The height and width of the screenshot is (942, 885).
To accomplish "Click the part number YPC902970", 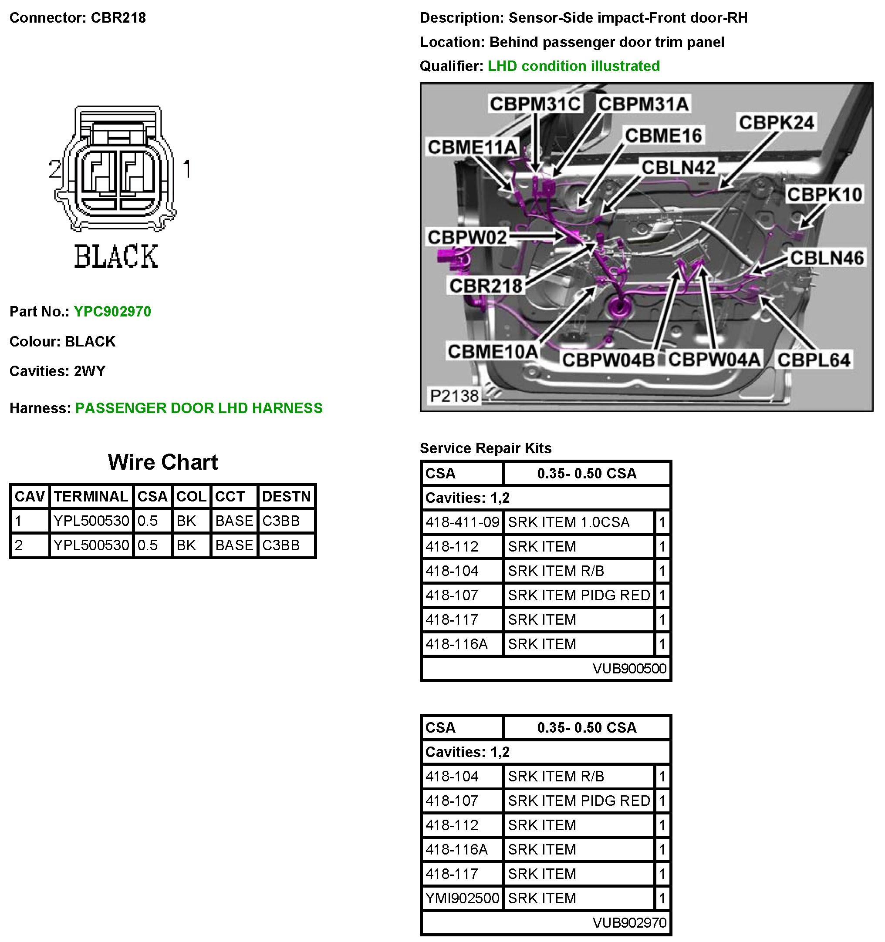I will pos(112,311).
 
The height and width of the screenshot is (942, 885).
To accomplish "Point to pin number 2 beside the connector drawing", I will pos(54,169).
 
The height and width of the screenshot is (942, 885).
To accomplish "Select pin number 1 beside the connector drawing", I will pos(187,169).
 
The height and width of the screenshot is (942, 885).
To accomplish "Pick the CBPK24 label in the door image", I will pos(776,122).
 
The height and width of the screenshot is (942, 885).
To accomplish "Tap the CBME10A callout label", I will pos(493,352).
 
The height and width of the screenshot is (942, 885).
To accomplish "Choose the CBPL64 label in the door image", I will pos(814,360).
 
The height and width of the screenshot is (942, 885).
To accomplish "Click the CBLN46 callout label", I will pos(826,258).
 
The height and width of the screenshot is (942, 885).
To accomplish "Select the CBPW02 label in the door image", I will pos(467,237).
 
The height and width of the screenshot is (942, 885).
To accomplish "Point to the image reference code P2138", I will pos(454,396).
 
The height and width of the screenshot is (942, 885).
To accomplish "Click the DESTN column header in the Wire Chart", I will pos(286,496).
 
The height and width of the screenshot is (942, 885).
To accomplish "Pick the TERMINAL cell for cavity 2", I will pos(91,545).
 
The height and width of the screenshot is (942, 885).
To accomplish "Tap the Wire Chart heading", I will pos(162,462).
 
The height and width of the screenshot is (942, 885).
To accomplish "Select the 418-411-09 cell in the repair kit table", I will pos(462,522).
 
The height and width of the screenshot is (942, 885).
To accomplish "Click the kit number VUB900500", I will pos(629,668).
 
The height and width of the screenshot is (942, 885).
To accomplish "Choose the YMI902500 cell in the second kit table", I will pos(462,898).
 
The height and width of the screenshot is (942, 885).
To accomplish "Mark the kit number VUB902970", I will pos(629,922).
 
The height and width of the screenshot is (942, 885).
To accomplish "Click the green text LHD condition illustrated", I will pos(574,66).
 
